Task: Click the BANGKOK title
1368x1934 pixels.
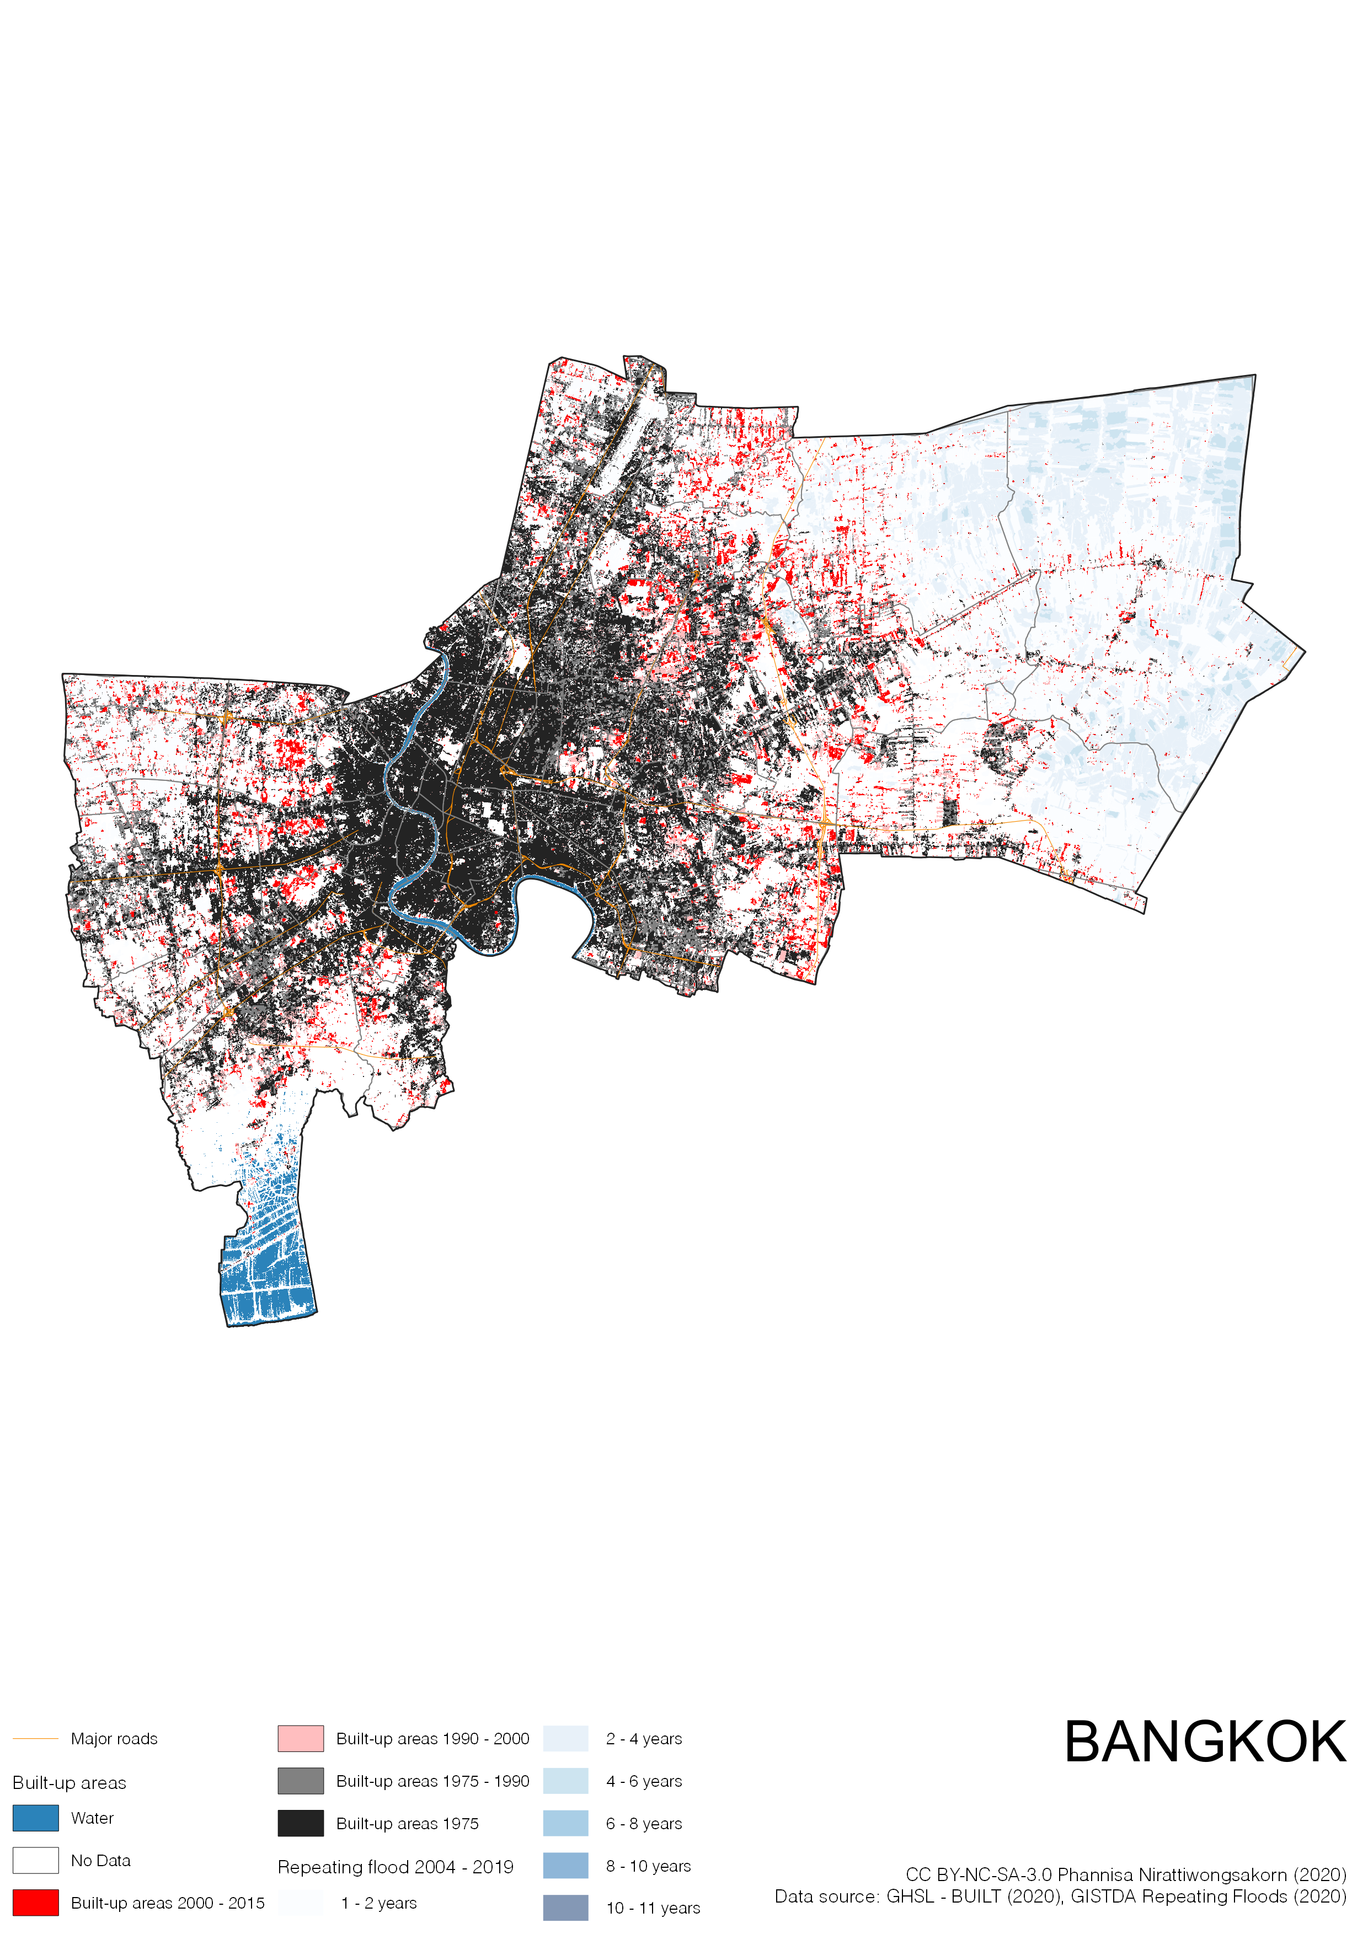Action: coord(1205,1742)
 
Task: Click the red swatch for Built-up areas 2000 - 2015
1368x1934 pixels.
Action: coord(35,1902)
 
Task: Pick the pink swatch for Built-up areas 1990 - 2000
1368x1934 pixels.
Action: coord(301,1739)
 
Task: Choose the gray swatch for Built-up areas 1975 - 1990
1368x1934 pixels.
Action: coord(301,1781)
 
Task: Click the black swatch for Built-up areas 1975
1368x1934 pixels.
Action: coord(301,1823)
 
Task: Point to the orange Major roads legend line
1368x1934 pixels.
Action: coord(35,1739)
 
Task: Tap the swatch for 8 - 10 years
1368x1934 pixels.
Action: coord(565,1865)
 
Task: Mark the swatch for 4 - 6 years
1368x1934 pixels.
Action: coord(565,1781)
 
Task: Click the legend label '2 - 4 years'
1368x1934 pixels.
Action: coord(644,1739)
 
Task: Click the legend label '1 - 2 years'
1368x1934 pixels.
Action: coord(378,1903)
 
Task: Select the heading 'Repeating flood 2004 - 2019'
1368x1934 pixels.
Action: coord(395,1867)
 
